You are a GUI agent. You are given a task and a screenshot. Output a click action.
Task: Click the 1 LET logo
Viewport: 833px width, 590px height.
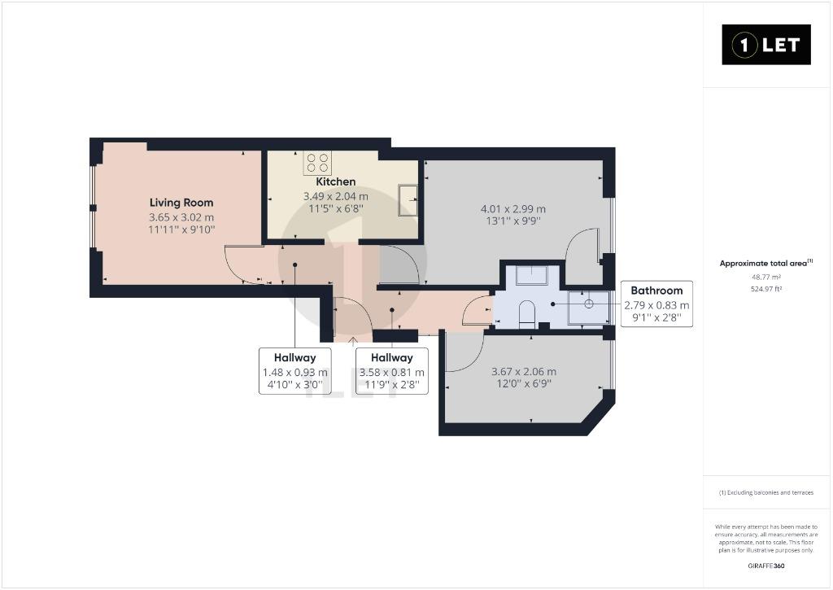coord(766,45)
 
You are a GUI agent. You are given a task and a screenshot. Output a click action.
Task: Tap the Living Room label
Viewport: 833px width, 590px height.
coord(181,203)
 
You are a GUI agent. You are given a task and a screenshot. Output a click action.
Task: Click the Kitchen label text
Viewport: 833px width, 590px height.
coord(336,181)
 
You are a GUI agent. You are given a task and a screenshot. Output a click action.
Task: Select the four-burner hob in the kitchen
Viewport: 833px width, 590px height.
coord(318,163)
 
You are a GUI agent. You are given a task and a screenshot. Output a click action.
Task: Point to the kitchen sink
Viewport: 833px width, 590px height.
coord(408,200)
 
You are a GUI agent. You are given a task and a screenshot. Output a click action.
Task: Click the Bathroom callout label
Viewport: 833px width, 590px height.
coord(656,304)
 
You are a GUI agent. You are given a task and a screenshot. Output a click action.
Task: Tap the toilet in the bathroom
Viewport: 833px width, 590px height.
coord(526,312)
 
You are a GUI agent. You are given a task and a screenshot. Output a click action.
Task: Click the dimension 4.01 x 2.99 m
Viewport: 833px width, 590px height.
coord(513,209)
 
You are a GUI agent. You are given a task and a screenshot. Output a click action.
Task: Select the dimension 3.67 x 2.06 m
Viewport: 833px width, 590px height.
coord(524,372)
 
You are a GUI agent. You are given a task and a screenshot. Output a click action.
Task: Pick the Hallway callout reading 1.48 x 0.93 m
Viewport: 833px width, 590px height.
coord(294,371)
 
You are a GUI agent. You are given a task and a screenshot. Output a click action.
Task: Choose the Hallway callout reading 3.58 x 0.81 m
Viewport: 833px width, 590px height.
coord(392,371)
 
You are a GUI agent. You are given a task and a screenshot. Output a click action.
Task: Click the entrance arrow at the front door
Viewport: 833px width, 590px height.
coord(353,341)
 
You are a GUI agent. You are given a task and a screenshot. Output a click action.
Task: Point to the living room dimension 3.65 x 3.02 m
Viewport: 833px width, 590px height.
coord(181,217)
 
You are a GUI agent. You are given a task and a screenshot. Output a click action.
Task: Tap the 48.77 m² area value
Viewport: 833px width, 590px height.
coord(766,277)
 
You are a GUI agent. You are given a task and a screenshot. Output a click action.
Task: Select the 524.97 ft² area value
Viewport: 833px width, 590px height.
coord(766,289)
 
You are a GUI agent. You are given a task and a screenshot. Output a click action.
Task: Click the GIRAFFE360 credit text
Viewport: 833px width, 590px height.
coord(766,566)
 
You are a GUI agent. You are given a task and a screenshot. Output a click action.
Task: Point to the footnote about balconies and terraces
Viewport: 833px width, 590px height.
coord(766,492)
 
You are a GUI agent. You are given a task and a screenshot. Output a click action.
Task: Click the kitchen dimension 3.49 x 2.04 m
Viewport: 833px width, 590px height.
coord(336,196)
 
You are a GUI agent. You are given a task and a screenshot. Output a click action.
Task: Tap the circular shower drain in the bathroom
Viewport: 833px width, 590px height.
coord(589,304)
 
